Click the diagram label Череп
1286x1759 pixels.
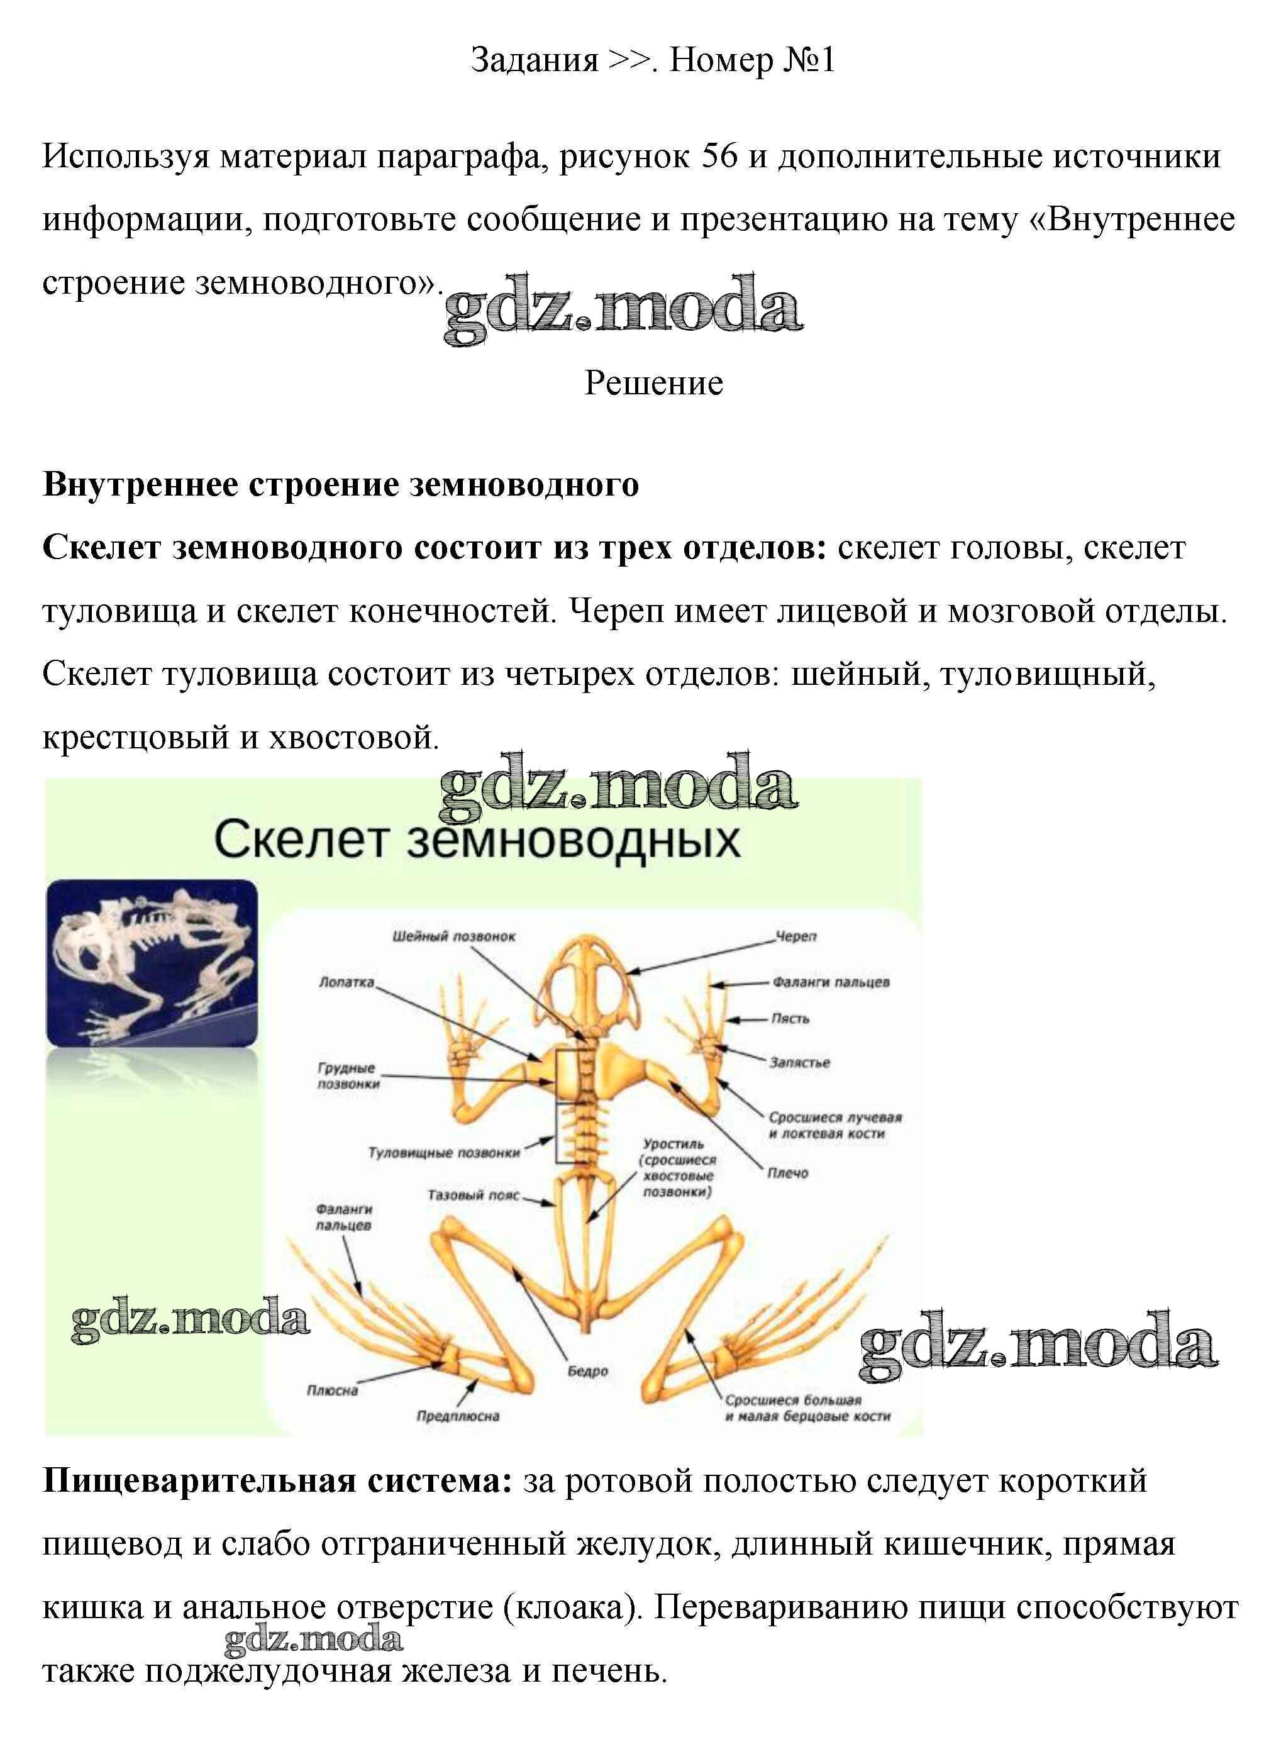pyautogui.click(x=795, y=936)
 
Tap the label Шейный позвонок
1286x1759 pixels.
pyautogui.click(x=454, y=936)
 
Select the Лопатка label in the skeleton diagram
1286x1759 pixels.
pyautogui.click(x=346, y=982)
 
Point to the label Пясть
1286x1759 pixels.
pyautogui.click(x=790, y=1018)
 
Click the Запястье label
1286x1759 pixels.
pyautogui.click(x=799, y=1062)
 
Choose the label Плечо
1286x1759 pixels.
pyautogui.click(x=788, y=1173)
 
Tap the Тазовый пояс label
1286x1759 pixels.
pyautogui.click(x=474, y=1195)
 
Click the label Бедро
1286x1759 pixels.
pyautogui.click(x=588, y=1372)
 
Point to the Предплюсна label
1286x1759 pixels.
pyautogui.click(x=458, y=1416)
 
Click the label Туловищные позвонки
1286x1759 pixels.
pyautogui.click(x=444, y=1153)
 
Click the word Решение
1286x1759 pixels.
pyautogui.click(x=654, y=383)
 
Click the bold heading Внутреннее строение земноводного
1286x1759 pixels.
pyautogui.click(x=341, y=485)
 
